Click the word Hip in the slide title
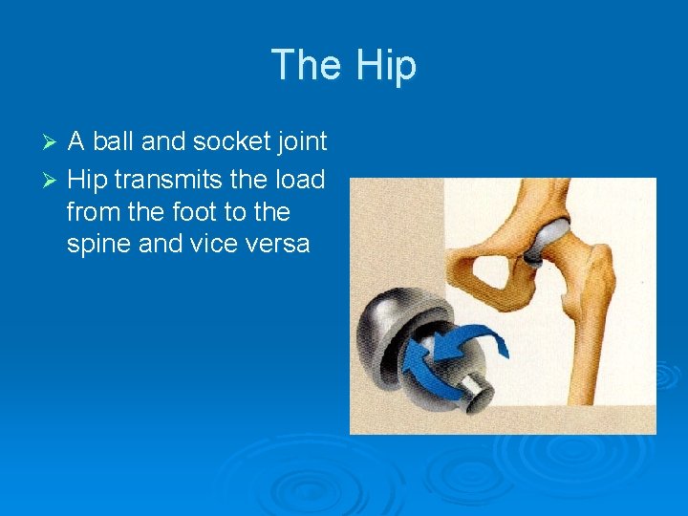pos(386,66)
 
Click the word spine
pos(99,244)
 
